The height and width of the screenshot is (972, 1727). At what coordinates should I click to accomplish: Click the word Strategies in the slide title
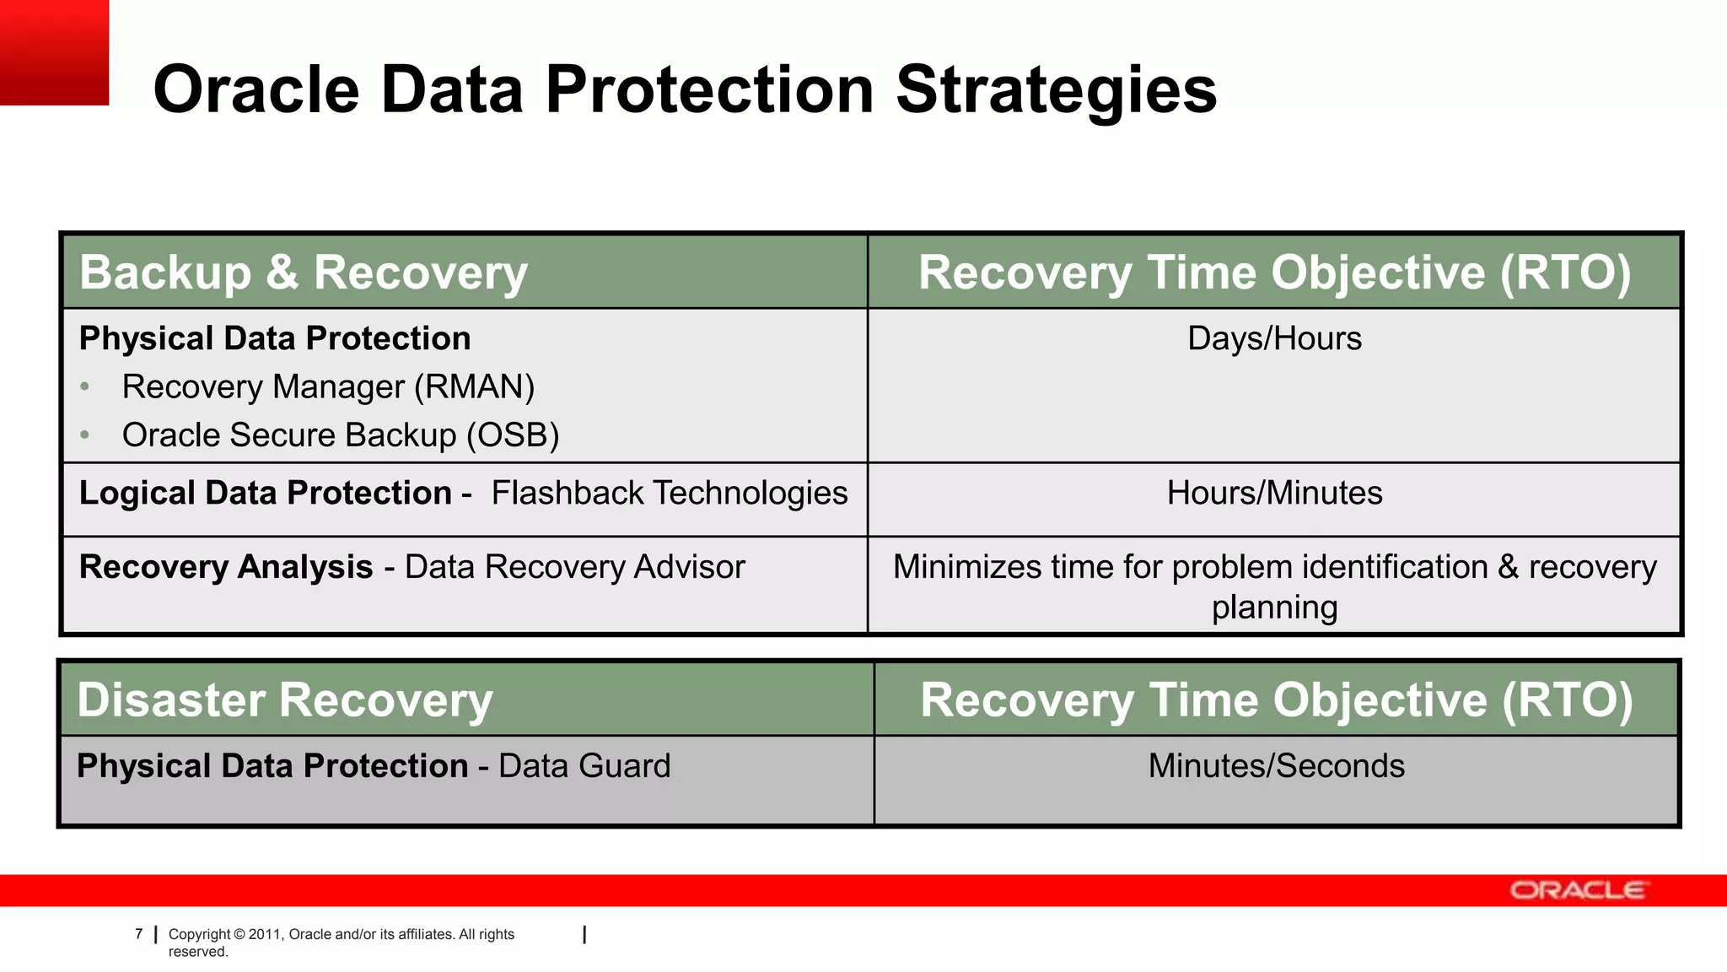(1056, 89)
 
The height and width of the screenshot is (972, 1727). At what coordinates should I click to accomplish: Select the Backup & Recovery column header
(304, 273)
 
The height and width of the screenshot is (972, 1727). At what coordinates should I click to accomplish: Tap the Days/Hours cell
(1273, 338)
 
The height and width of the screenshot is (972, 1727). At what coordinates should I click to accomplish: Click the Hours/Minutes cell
(1273, 493)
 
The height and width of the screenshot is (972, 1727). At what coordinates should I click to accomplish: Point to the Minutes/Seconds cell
(1275, 766)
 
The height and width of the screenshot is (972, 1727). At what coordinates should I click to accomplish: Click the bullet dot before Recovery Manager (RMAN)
(84, 387)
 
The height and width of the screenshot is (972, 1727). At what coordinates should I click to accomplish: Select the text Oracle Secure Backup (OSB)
(340, 435)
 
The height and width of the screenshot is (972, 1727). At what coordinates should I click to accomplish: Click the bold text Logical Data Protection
(265, 493)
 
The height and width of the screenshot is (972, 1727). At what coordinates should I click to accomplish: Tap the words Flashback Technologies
(670, 493)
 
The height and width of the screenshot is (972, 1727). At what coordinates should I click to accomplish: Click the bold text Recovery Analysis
(225, 567)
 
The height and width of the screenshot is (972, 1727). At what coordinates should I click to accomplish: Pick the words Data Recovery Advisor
(574, 567)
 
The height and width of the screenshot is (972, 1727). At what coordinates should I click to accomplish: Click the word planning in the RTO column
(1273, 607)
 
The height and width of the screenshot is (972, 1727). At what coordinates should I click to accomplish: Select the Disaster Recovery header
(284, 700)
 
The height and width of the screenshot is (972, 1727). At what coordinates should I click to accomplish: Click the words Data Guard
(584, 766)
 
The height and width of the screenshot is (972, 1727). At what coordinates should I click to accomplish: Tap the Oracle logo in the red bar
(1576, 891)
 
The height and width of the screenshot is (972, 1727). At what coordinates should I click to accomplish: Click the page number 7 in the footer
(139, 934)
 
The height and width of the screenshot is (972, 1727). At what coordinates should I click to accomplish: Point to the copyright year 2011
(264, 934)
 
